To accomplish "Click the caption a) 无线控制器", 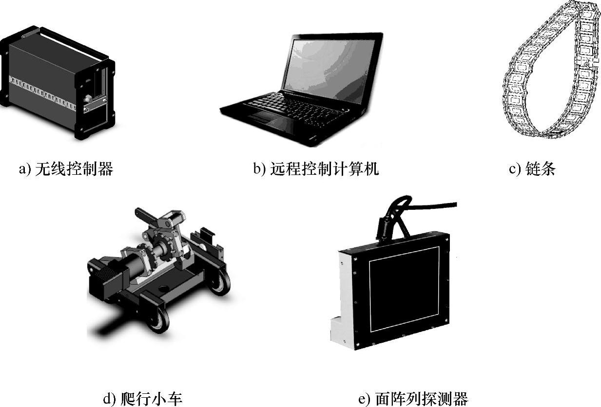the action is tap(66, 169).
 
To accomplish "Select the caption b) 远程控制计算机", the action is tap(316, 169).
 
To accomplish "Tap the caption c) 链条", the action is tap(532, 169).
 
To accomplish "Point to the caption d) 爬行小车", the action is tap(143, 398).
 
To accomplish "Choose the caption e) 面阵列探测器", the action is tap(413, 398).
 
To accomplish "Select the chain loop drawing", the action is tap(550, 69).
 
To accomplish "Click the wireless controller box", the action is tap(58, 83).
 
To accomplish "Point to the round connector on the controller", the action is tap(87, 99).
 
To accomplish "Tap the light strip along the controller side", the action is tap(42, 93).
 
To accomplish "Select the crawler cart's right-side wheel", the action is tap(220, 282).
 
